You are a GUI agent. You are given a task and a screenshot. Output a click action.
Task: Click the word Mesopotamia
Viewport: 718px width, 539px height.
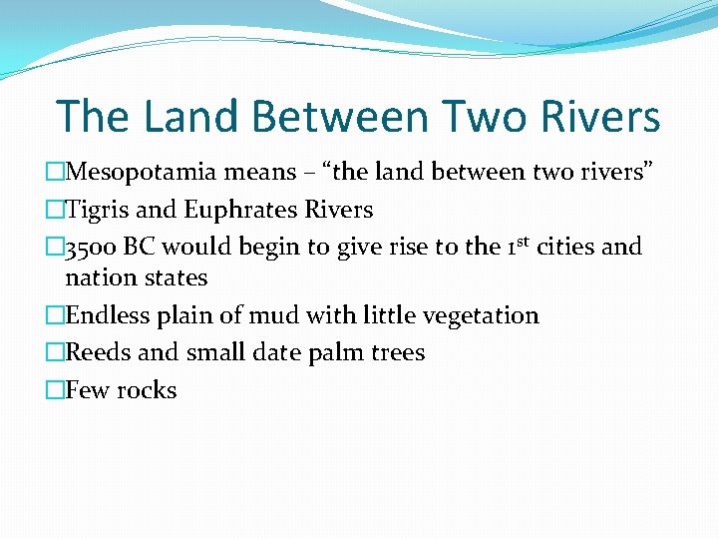140,172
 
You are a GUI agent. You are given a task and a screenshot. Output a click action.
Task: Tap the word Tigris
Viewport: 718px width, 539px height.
97,210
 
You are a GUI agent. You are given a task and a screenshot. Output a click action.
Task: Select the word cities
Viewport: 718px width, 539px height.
565,247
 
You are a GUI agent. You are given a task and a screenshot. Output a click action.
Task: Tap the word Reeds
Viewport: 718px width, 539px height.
98,352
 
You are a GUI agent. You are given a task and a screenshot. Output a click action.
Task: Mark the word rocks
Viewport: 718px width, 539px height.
147,390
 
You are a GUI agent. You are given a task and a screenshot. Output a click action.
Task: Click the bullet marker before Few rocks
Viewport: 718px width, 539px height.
55,390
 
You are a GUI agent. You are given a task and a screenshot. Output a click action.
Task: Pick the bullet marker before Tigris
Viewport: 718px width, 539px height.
55,210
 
